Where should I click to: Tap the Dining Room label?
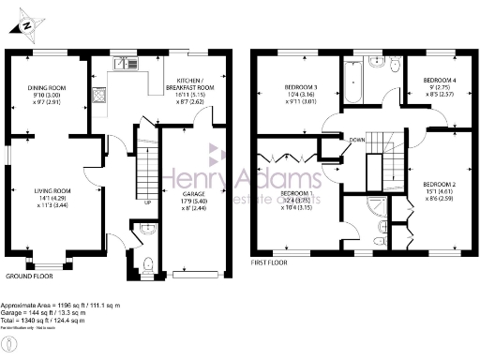coord(45,95)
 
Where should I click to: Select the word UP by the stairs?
coord(147,201)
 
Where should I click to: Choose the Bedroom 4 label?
coord(438,86)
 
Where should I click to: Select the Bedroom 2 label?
coord(438,189)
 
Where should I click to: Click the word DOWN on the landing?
coord(357,141)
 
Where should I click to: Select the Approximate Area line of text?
coord(66,306)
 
